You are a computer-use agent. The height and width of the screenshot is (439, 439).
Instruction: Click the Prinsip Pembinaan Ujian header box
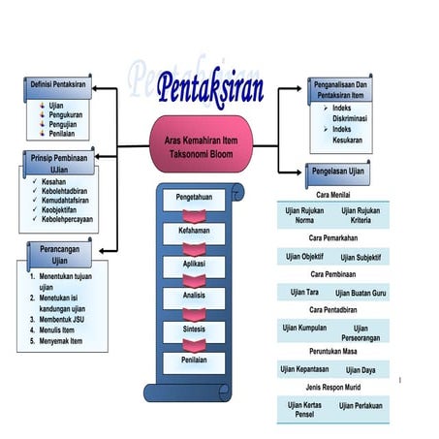[x=60, y=162]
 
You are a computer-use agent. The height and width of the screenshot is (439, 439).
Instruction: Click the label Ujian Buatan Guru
[x=366, y=293]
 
